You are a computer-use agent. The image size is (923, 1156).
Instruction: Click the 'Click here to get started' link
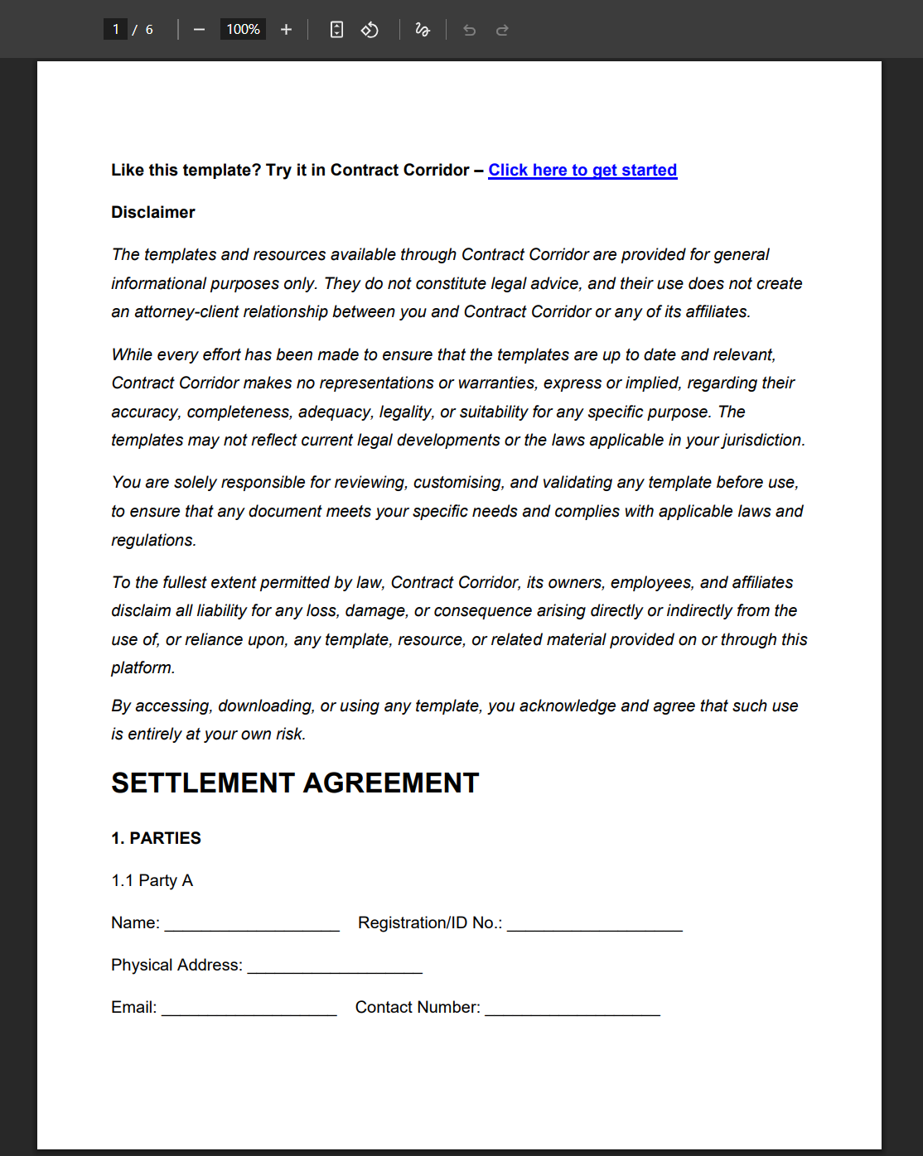tap(582, 170)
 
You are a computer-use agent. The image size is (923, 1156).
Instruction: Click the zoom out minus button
tap(199, 30)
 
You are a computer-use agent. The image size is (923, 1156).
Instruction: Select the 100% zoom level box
tap(243, 30)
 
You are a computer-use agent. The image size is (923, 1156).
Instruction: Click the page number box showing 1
tap(115, 30)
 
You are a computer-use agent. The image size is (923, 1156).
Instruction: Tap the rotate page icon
tap(370, 30)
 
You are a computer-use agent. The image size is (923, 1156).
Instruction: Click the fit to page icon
tap(336, 30)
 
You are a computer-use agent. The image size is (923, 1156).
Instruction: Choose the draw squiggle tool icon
tap(423, 30)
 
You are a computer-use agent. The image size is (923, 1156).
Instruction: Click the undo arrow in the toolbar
tap(470, 31)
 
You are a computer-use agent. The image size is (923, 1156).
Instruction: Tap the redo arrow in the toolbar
tap(502, 31)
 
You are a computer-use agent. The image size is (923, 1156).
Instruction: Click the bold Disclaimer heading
tap(153, 212)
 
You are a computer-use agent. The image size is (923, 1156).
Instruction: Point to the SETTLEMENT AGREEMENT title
tap(295, 783)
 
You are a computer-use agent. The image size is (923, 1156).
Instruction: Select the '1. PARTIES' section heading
tap(156, 838)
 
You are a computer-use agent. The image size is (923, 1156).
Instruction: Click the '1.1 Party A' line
tap(152, 880)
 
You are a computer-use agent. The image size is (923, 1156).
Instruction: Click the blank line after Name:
tap(252, 924)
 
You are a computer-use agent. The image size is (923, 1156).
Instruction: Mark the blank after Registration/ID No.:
tap(595, 924)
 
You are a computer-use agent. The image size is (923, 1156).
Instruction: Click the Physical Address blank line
tap(335, 966)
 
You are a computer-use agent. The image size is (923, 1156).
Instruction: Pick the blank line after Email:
tap(249, 1009)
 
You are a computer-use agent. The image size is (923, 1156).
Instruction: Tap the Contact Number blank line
tap(573, 1009)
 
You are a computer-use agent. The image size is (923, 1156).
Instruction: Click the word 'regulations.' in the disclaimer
tap(154, 540)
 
